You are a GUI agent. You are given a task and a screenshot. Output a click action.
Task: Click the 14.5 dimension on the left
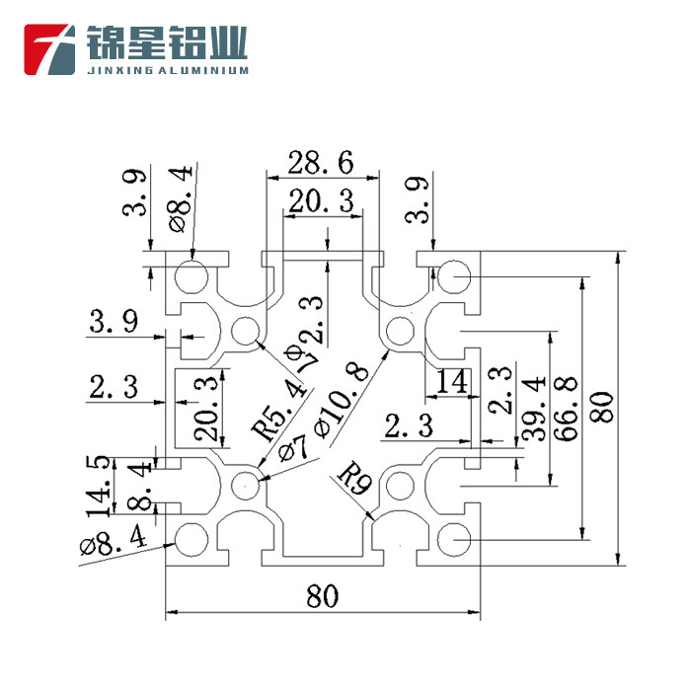click(x=98, y=486)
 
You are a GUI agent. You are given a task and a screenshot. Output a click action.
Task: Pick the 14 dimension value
click(x=451, y=382)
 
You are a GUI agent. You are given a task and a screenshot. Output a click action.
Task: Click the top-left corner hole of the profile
click(x=192, y=274)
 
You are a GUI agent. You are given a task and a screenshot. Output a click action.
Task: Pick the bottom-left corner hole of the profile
click(x=191, y=539)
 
